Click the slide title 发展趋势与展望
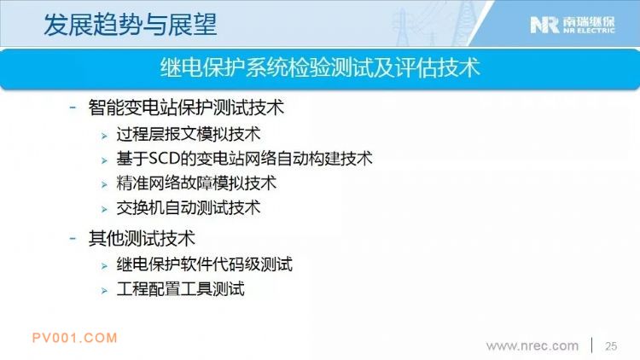click(130, 25)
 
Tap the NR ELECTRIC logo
click(573, 25)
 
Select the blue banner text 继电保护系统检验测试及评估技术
click(320, 67)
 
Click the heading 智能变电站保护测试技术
click(186, 107)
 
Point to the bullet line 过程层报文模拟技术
click(189, 134)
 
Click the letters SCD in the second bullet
click(164, 159)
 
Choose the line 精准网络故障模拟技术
click(196, 183)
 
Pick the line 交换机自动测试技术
click(189, 208)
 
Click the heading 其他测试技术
click(142, 238)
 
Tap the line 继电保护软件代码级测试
click(205, 264)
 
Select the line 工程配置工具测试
click(180, 289)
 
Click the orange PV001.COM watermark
click(75, 338)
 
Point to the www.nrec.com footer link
click(532, 346)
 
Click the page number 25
click(611, 346)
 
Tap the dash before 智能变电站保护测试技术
click(73, 107)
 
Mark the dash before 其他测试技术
click(73, 238)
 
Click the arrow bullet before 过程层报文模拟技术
click(104, 136)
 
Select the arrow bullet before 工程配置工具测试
click(104, 291)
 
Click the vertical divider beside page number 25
click(592, 345)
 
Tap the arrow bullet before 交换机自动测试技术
click(104, 210)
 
